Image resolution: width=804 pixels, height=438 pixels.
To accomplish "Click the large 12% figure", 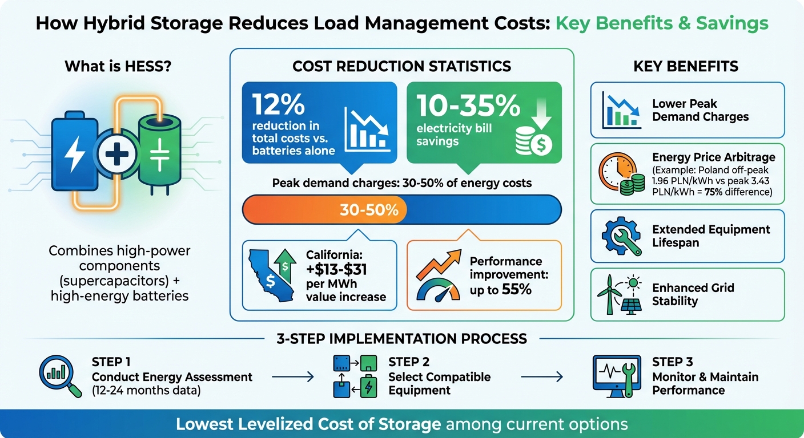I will pyautogui.click(x=272, y=106).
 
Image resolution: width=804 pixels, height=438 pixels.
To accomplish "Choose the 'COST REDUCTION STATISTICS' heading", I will pyautogui.click(x=401, y=66).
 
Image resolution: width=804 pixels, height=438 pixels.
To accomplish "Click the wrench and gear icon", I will pyautogui.click(x=620, y=236).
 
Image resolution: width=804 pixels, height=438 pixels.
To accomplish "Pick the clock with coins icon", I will pyautogui.click(x=620, y=174).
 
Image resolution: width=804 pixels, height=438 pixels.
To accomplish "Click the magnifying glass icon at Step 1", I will pyautogui.click(x=58, y=375).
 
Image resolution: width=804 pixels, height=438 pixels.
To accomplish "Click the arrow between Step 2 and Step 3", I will pyautogui.click(x=542, y=376).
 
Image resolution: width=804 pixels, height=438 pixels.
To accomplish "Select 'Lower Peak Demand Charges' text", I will pyautogui.click(x=700, y=110).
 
